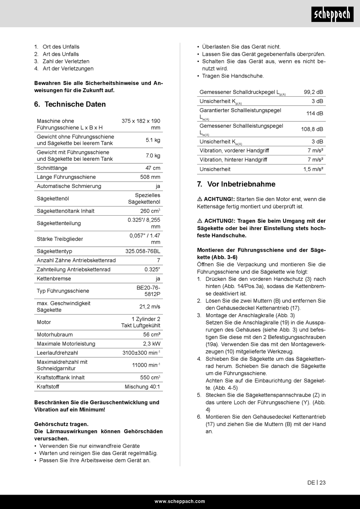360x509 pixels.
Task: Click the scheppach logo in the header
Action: pos(332,15)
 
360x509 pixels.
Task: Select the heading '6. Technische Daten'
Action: pos(70,104)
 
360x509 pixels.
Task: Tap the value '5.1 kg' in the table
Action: pos(153,140)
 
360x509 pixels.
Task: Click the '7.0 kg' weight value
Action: pos(153,155)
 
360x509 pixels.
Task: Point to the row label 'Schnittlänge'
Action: pos(52,168)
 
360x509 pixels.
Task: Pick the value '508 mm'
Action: pos(150,177)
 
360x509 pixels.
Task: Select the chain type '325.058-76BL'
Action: pos(143,251)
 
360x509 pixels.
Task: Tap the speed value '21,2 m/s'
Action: pos(150,307)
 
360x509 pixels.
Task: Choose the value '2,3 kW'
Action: pos(152,344)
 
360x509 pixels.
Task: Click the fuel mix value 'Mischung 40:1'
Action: pos(142,387)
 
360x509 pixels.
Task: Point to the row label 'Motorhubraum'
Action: pos(55,335)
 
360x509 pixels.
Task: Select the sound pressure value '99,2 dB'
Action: pos(313,92)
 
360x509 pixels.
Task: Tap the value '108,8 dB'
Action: pos(312,129)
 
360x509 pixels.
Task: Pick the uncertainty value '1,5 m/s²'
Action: pos(313,169)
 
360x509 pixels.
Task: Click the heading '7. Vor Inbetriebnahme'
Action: pos(236,184)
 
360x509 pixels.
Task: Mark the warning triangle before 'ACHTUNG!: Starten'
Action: pos(200,199)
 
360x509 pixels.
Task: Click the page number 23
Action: pos(322,482)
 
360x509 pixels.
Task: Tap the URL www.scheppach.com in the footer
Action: pos(180,501)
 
